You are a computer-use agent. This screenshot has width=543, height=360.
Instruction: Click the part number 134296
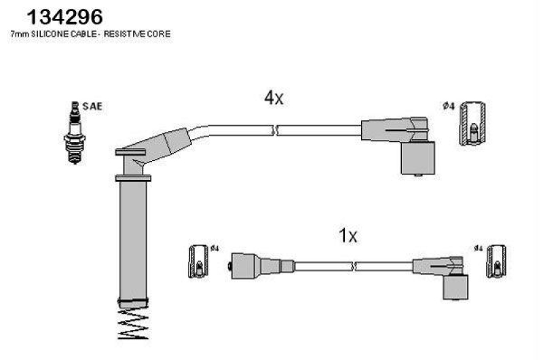[x=64, y=17]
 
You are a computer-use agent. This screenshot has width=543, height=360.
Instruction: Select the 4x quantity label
[x=274, y=98]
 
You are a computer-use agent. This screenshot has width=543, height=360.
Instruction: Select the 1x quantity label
[x=348, y=236]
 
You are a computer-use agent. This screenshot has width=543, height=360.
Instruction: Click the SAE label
[x=92, y=107]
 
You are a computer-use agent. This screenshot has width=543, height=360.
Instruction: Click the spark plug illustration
[x=75, y=132]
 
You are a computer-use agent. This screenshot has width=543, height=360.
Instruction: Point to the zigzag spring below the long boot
[x=133, y=324]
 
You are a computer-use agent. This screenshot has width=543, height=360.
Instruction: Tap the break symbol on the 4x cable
[x=276, y=130]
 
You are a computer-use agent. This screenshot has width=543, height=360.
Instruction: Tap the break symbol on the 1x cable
[x=354, y=266]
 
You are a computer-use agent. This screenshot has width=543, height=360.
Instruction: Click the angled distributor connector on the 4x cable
[x=398, y=145]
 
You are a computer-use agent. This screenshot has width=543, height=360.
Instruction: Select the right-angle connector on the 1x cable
[x=441, y=278]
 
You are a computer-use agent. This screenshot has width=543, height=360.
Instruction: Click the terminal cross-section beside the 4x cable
[x=472, y=124]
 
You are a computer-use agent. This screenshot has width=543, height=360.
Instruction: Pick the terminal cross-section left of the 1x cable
[x=198, y=262]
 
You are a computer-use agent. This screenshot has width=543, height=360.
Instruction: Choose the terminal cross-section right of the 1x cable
[x=496, y=262]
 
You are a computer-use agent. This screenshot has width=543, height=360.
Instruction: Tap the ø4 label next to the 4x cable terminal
[x=449, y=106]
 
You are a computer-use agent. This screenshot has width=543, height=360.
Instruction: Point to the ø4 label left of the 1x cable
[x=214, y=248]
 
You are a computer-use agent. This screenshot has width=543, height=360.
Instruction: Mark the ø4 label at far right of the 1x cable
[x=479, y=248]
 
